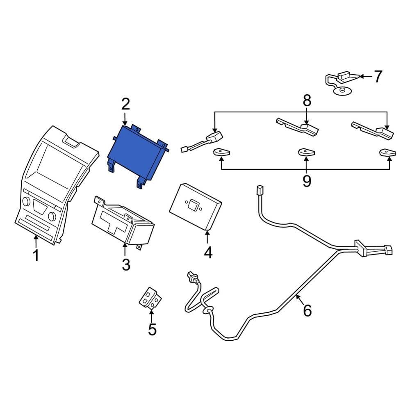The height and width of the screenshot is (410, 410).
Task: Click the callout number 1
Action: pos(36,255)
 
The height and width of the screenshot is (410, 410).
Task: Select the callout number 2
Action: pos(125,104)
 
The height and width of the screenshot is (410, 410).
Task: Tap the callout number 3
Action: pos(125,264)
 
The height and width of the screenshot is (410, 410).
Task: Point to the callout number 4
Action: pos(208,253)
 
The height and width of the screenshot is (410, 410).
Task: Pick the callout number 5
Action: pos(152,329)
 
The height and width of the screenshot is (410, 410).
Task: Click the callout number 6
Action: pos(307,310)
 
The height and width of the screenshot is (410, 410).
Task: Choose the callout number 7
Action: pos(377,76)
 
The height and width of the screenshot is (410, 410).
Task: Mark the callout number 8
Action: pos(307,100)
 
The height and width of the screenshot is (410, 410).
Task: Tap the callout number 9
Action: pos(307,180)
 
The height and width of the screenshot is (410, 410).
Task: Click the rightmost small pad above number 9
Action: pos(388,153)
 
